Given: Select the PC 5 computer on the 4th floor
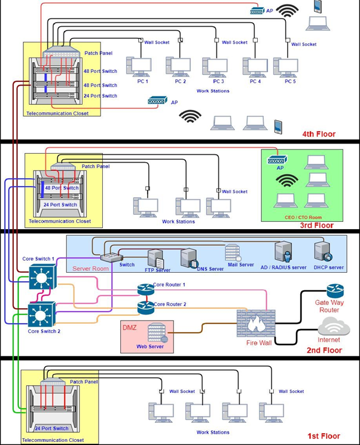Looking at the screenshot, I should point(286,68).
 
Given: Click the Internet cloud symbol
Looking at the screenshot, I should point(334,327).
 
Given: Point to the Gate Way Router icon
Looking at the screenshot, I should point(335,291).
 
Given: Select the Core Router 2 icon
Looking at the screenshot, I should point(145,307).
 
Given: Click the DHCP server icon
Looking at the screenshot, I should point(323,251).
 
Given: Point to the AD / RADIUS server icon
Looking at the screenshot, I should point(283,251).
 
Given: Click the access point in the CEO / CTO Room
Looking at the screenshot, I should point(277,160).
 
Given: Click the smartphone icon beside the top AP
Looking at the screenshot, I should point(318,7).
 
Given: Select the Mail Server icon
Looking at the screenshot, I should point(233,252).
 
